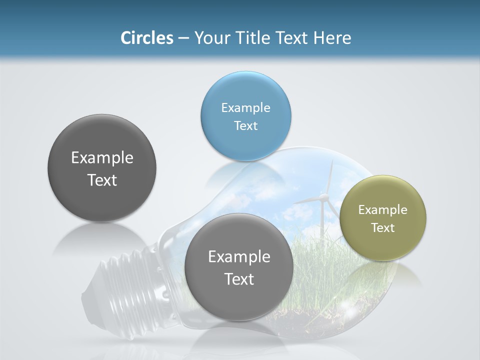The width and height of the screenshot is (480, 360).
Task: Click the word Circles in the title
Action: click(x=147, y=38)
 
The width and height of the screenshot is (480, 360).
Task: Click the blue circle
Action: click(x=245, y=116)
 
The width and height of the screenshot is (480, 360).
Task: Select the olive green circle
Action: click(x=382, y=218)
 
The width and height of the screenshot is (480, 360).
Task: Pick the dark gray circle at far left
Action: click(x=102, y=168)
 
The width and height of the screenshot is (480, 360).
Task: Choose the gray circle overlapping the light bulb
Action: click(x=239, y=267)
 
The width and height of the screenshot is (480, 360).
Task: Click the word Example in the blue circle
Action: click(x=245, y=107)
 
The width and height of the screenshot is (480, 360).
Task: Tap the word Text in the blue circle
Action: click(x=245, y=125)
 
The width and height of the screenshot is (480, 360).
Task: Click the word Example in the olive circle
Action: click(x=382, y=209)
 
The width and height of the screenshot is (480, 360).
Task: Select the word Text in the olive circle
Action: click(x=382, y=227)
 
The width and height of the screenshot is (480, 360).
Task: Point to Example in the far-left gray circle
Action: click(x=102, y=157)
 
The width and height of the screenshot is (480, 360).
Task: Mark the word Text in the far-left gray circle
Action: click(x=102, y=180)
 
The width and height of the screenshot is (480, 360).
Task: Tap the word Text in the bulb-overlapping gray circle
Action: click(x=239, y=279)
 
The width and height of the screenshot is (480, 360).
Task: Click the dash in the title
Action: click(x=183, y=38)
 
